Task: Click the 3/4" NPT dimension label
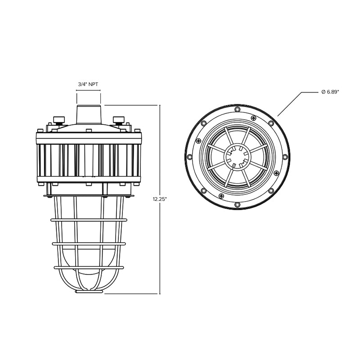pyautogui.click(x=88, y=84)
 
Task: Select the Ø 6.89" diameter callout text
pyautogui.click(x=330, y=92)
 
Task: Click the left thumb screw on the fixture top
pyautogui.click(x=58, y=119)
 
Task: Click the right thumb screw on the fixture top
pyautogui.click(x=118, y=119)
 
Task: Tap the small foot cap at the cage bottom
pyautogui.click(x=90, y=292)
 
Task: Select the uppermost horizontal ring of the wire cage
pyautogui.click(x=88, y=220)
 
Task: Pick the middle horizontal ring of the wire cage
pyautogui.click(x=88, y=243)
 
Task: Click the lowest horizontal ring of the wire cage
pyautogui.click(x=88, y=267)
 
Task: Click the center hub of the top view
pyautogui.click(x=237, y=157)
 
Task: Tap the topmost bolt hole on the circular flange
pyautogui.click(x=237, y=109)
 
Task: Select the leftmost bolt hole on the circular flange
pyautogui.click(x=189, y=157)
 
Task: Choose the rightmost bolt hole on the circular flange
pyautogui.click(x=284, y=157)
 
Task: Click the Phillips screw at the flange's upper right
pyautogui.click(x=253, y=117)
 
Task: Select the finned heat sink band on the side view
pyautogui.click(x=88, y=160)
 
